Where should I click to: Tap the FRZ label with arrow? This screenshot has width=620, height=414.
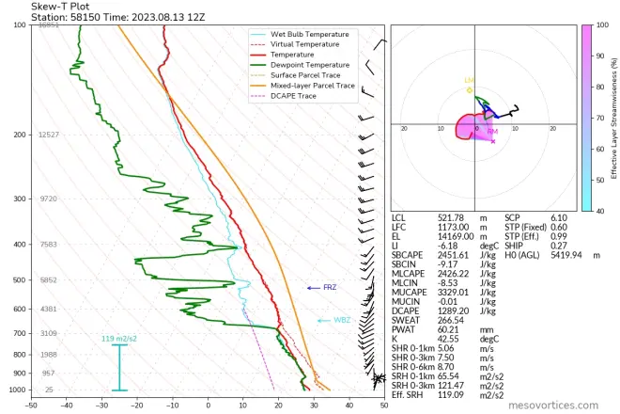[x=329, y=287]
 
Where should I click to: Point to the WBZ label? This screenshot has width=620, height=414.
[x=342, y=320]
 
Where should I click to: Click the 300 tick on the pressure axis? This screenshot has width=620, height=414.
[x=19, y=199]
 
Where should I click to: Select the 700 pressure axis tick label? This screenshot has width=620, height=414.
[x=19, y=333]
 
